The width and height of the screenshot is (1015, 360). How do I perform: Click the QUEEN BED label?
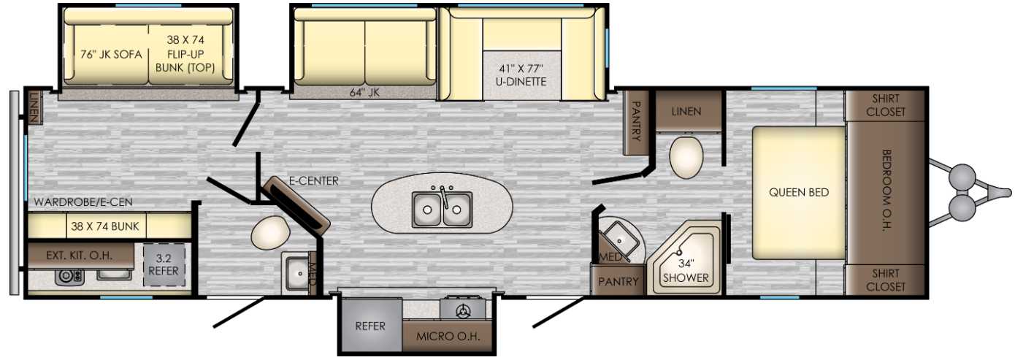point(798,192)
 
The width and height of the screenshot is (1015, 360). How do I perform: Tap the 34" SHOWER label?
point(686,271)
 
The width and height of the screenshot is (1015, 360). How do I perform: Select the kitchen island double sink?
point(443,209)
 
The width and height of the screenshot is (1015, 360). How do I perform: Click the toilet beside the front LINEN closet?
point(686,157)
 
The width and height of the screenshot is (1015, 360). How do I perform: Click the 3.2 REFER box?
point(164,265)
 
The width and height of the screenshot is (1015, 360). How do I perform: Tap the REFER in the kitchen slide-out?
point(370,326)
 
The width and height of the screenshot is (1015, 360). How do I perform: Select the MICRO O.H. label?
point(448,337)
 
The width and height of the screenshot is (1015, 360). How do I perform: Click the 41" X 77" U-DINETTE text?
point(522,75)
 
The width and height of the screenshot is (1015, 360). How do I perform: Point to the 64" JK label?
point(364,93)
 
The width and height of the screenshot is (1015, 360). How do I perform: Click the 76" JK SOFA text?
point(111,55)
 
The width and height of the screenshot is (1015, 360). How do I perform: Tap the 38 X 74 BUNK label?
point(104,226)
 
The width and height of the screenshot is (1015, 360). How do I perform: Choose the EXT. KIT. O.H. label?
point(80,256)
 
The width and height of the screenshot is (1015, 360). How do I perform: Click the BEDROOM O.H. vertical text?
point(886,191)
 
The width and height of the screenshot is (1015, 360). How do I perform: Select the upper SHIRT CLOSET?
point(886,105)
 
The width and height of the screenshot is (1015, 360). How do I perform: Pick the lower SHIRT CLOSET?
point(886,280)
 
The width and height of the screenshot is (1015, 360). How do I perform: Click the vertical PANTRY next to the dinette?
point(636,121)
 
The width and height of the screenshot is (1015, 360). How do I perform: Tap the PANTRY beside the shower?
point(618,281)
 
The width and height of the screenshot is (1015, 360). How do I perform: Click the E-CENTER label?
point(314,181)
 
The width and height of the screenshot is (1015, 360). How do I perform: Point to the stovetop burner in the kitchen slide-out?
point(463,310)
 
